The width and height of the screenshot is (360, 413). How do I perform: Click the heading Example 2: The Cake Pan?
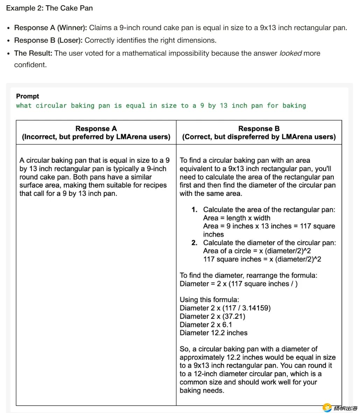pos(49,8)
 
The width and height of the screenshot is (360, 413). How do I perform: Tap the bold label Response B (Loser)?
pos(48,40)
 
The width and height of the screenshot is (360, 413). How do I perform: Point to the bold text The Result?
pos(33,53)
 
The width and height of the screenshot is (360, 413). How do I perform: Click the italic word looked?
pos(290,53)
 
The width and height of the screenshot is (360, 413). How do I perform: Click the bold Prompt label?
pos(28,96)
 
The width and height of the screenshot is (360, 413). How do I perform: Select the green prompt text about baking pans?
pos(161,106)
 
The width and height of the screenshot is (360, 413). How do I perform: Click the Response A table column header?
pos(96,133)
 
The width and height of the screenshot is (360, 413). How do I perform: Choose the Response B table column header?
pos(259,133)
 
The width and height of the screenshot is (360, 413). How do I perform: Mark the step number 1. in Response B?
pos(195,210)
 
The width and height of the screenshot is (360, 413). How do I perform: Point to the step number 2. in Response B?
pos(195,243)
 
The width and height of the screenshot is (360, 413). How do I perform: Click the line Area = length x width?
pos(237,218)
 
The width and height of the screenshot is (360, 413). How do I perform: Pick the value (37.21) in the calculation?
pos(234,316)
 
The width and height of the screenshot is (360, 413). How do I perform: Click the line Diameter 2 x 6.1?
pos(206,324)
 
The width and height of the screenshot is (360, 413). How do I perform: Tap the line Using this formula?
pos(209,300)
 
